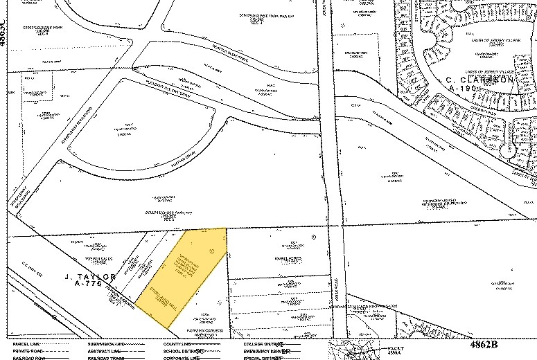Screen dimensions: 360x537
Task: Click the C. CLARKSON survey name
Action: [477, 79]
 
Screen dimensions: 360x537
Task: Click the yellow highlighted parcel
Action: [184, 277]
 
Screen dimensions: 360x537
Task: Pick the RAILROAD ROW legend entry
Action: [26, 358]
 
